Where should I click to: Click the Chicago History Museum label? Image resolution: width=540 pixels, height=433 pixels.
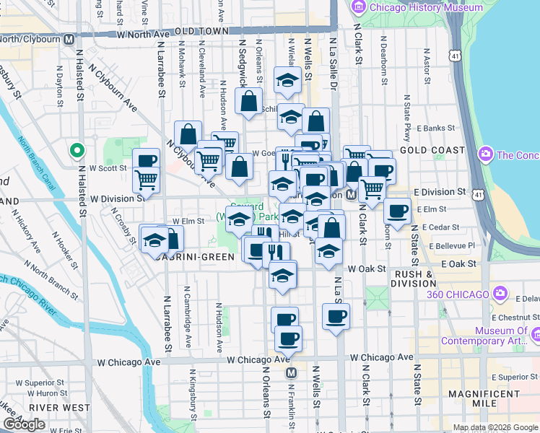(425, 7)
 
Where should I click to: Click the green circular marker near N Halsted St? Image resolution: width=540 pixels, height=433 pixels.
(77, 151)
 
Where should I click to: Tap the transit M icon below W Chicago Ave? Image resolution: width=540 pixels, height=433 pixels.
(292, 373)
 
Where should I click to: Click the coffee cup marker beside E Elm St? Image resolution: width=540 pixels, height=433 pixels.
(396, 211)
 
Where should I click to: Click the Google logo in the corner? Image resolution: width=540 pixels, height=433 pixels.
(23, 424)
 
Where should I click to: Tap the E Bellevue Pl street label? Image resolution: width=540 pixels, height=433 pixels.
(452, 245)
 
